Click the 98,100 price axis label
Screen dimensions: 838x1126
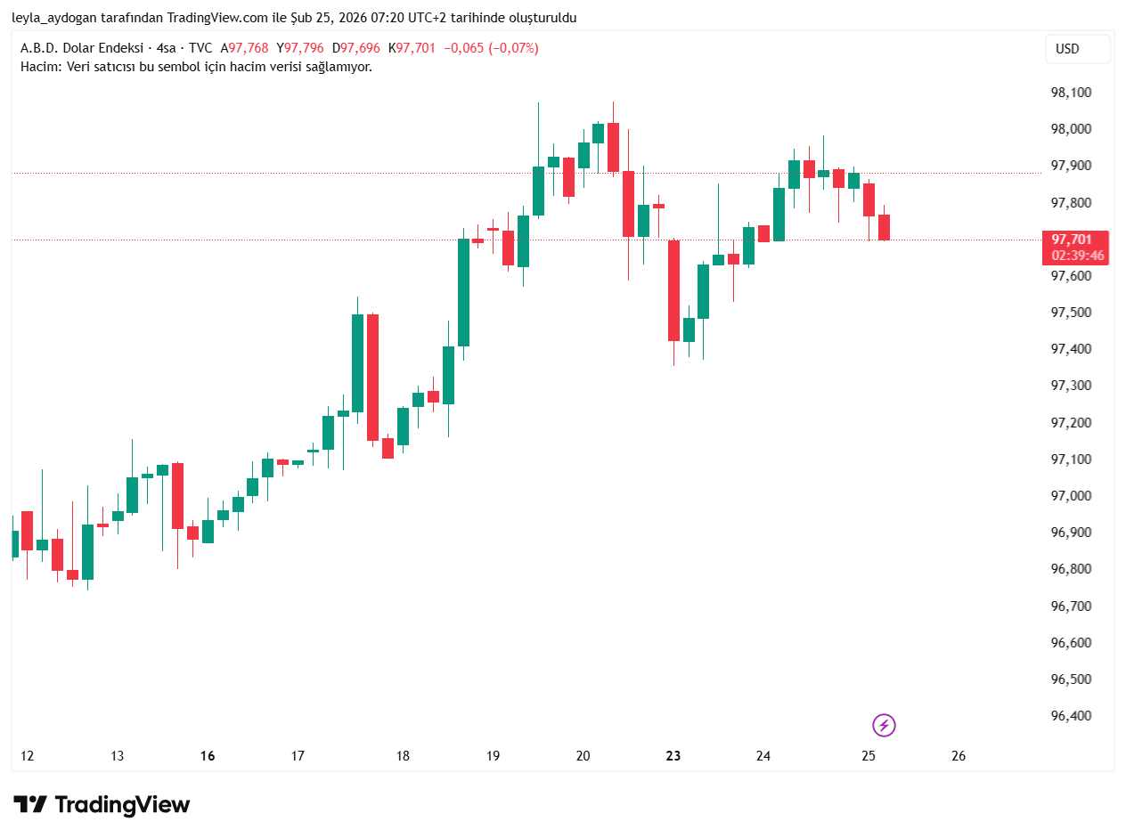1072,93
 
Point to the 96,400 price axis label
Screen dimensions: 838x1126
1072,716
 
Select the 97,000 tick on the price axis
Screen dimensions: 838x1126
1072,496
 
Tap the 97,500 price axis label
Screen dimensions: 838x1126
1072,313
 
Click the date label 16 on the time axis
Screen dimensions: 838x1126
208,756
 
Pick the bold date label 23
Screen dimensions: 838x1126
673,756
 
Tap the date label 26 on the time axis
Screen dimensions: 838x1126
959,756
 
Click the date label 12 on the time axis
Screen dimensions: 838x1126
28,756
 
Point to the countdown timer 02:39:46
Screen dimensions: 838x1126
1077,256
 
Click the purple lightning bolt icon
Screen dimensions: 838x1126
884,725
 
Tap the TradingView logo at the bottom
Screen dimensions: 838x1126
102,805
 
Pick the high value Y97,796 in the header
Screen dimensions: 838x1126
300,48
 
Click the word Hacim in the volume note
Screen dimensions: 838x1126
38,67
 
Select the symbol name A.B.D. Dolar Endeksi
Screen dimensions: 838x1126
82,48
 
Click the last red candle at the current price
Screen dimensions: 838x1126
885,228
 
